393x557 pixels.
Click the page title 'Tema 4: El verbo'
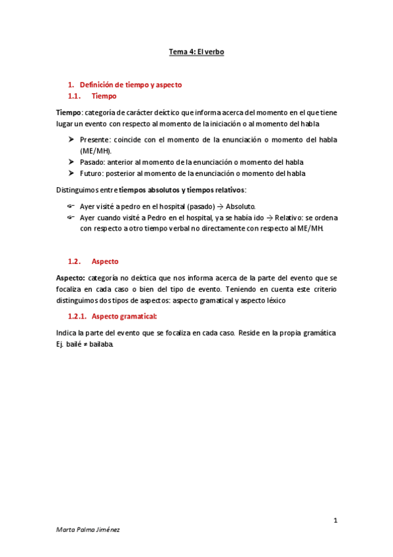tap(197, 51)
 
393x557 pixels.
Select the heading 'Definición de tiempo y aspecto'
tap(131, 84)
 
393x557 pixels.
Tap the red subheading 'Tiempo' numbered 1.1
tap(104, 96)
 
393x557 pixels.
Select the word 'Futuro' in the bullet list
tap(92, 173)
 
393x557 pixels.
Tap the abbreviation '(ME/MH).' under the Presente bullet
tap(96, 150)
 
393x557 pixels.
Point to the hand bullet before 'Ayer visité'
tap(71, 206)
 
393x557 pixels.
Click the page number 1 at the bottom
tap(335, 521)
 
